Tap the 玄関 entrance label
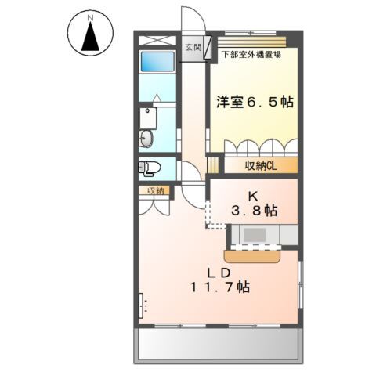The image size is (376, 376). (191, 48)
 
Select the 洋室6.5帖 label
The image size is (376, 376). (255, 102)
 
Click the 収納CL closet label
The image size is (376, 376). (259, 165)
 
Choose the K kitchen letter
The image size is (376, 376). (253, 195)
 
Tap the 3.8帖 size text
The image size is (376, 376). (253, 210)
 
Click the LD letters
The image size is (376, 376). (218, 272)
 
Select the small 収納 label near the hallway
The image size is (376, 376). (154, 190)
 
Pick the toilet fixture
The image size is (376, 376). (150, 167)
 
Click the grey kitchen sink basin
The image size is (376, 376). (254, 234)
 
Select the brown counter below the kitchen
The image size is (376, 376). (254, 255)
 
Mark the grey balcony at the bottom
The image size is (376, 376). (219, 343)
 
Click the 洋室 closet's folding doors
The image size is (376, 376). (260, 147)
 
